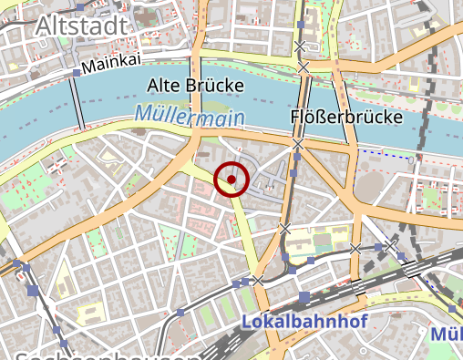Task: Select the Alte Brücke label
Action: coord(195,87)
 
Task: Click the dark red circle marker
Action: coord(231,180)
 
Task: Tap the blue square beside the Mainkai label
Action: coord(76,71)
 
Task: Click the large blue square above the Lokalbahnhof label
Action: coord(304,298)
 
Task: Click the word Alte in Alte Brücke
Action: coord(166,87)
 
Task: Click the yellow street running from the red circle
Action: coord(243,228)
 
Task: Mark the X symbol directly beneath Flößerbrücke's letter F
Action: coord(297,144)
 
